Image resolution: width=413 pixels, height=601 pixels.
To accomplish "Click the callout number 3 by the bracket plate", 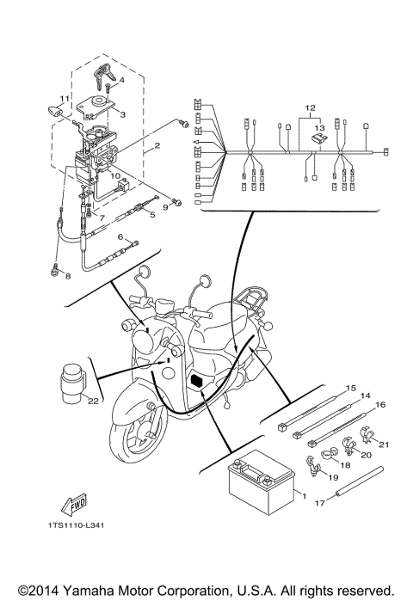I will point(122,113).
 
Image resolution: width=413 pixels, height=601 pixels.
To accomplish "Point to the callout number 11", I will point(63,97).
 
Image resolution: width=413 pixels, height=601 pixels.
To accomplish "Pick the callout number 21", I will point(385,445).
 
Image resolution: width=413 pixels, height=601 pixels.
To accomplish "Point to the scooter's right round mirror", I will point(204,280).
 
